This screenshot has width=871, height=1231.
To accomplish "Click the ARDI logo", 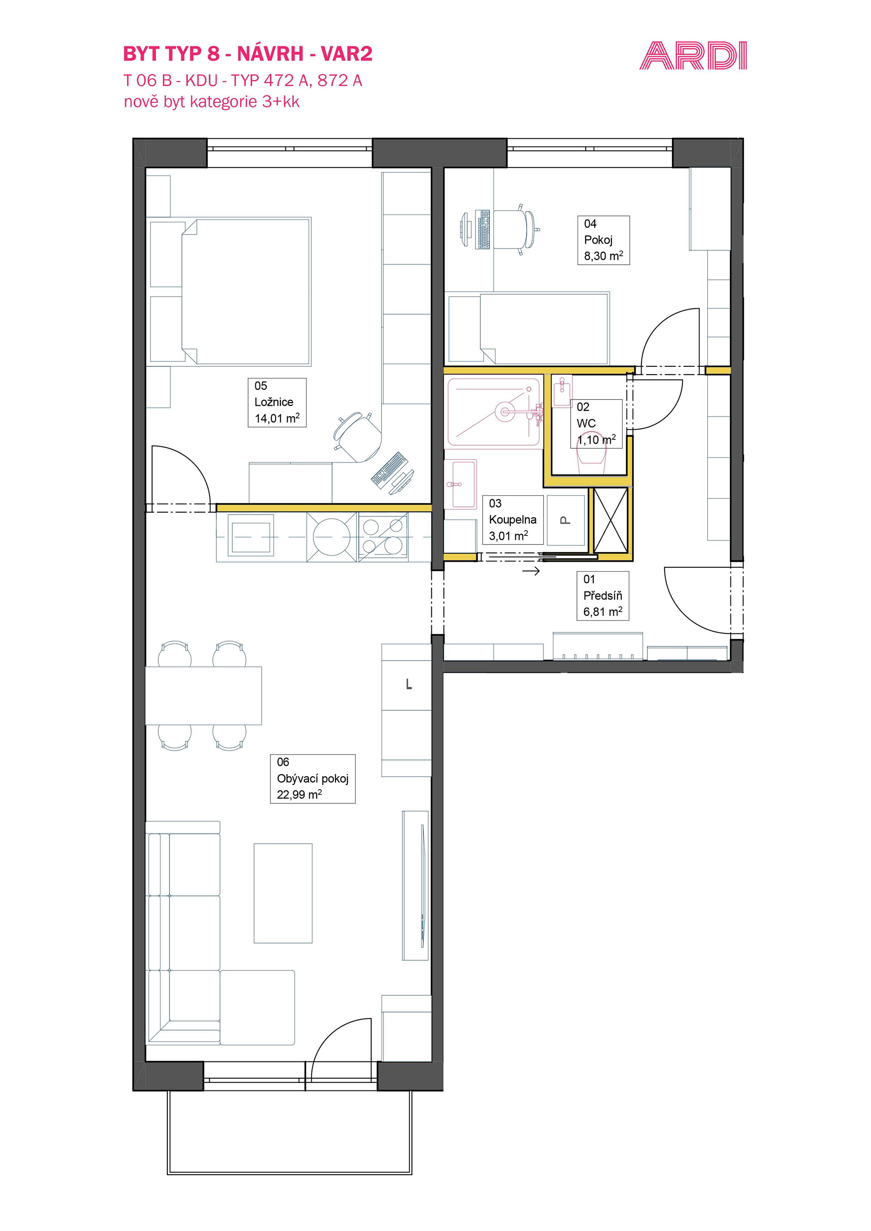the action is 693,56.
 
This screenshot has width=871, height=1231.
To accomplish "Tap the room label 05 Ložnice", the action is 277,402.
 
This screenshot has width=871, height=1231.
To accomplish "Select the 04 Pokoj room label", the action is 603,240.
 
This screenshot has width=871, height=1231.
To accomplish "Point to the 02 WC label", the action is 596,423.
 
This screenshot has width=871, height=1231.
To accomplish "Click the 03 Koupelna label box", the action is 513,520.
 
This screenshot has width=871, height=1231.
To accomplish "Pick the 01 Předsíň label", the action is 603,596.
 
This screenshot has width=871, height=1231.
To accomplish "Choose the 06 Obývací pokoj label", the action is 313,778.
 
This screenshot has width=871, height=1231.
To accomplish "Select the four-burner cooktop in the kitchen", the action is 383,537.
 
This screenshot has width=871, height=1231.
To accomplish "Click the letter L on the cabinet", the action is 409,684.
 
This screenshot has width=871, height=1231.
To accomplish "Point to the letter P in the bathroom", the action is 565,520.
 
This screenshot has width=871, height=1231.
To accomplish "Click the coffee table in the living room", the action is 283,893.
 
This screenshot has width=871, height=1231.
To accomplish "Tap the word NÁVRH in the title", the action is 270,53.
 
